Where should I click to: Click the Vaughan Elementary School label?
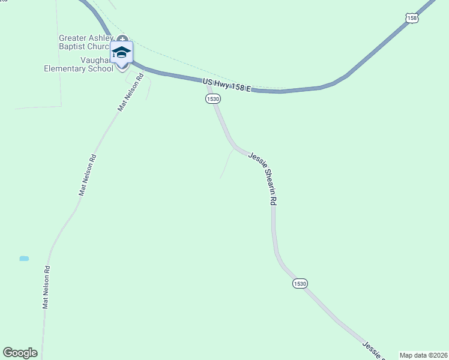tap(78, 64)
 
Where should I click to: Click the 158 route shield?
tap(412, 19)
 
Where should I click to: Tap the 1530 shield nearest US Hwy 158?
tap(212, 98)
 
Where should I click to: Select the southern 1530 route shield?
tap(300, 283)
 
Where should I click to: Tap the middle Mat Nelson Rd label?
tap(88, 175)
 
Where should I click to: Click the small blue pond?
tap(24, 259)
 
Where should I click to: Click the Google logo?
tap(20, 353)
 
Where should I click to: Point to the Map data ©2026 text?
tap(423, 355)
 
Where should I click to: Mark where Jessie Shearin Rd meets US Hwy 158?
tap(208, 82)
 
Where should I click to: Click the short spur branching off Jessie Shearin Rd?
tap(227, 163)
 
